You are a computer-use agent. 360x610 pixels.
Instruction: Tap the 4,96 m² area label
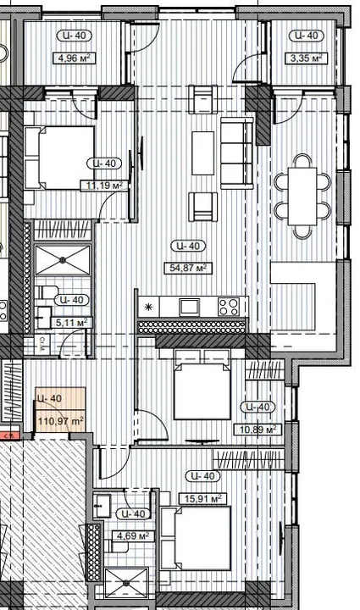75,58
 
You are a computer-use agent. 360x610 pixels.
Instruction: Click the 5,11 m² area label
71,323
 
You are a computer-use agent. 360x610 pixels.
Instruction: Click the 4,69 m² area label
133,535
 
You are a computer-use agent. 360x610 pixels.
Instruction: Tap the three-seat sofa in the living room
236,141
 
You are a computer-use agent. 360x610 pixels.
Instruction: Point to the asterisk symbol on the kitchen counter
149,308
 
